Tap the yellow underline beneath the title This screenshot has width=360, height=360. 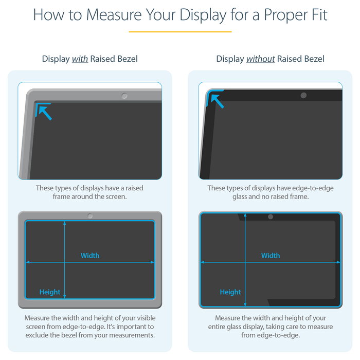click(x=180, y=31)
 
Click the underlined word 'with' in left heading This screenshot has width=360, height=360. click(x=80, y=59)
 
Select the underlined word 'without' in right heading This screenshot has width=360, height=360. click(x=260, y=59)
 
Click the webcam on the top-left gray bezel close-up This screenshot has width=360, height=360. click(x=124, y=96)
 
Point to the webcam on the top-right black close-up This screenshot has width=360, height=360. click(x=303, y=96)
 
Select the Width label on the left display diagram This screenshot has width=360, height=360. click(x=90, y=256)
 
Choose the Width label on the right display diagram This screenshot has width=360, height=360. click(x=271, y=256)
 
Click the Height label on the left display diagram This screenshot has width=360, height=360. click(x=50, y=292)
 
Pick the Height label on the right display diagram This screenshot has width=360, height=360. click(x=230, y=292)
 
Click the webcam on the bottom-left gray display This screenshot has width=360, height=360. click(x=90, y=216)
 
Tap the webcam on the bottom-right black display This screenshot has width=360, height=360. click(x=271, y=217)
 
